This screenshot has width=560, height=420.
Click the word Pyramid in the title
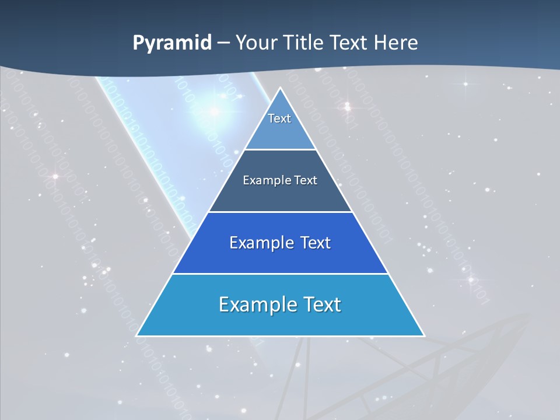(172, 43)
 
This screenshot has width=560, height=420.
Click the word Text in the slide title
(350, 43)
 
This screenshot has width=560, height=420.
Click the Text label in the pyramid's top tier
(279, 118)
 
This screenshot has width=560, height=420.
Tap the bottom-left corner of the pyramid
(137, 335)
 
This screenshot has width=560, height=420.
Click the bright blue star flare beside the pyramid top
(214, 111)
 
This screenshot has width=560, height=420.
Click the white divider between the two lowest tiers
(280, 274)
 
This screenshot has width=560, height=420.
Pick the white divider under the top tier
(280, 150)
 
